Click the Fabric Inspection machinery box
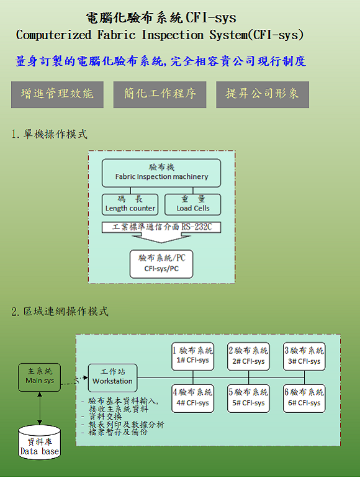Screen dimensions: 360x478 click(161, 173)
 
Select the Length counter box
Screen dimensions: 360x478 click(130, 205)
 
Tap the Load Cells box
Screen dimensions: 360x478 click(192, 205)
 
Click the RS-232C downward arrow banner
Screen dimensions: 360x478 click(161, 232)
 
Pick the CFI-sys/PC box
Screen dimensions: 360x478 click(161, 264)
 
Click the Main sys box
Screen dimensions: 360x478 click(39, 377)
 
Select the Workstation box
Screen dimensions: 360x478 click(112, 378)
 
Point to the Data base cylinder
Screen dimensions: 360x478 click(39, 443)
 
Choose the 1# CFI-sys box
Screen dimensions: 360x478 click(192, 356)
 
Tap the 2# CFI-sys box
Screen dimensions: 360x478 click(248, 356)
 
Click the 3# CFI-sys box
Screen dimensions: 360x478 click(304, 356)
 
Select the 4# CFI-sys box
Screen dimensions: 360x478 click(192, 399)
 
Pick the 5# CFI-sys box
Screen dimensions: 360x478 click(248, 399)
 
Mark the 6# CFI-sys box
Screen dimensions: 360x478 click(304, 399)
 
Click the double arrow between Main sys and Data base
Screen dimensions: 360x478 click(40, 408)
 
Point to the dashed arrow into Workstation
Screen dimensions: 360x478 click(74, 381)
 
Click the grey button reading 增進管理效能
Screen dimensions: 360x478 click(57, 94)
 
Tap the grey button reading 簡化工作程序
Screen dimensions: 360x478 click(160, 94)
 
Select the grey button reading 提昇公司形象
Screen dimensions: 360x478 click(263, 94)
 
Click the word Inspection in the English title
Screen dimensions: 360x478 click(173, 35)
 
